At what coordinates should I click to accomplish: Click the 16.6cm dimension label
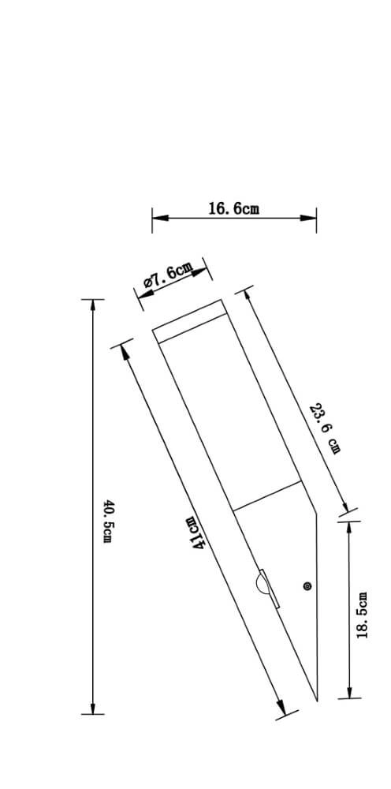[x=233, y=208]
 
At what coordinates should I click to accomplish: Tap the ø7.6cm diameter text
[x=168, y=275]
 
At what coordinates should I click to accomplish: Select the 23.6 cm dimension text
[x=327, y=428]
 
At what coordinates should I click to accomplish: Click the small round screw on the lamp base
[x=307, y=585]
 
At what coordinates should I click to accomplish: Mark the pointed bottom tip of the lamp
[x=316, y=699]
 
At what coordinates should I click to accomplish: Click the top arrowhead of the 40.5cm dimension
[x=93, y=305]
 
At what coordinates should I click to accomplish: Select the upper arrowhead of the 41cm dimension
[x=123, y=350]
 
